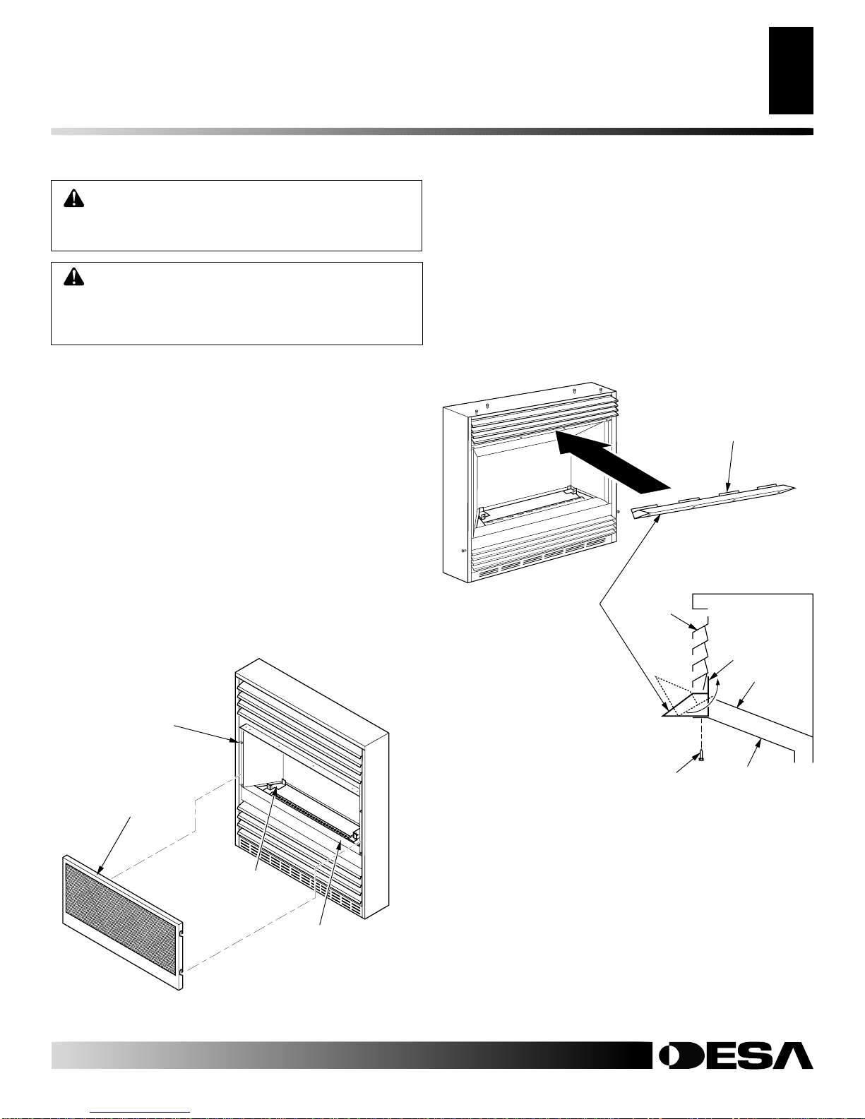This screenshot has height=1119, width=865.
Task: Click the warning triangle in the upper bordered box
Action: [73, 198]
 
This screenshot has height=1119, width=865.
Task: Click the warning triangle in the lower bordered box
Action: [73, 277]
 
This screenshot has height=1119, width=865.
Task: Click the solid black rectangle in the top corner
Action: [791, 71]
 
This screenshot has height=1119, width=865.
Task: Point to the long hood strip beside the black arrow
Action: [714, 501]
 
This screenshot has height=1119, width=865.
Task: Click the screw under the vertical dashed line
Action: [700, 755]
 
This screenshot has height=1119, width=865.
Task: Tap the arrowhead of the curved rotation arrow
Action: [720, 682]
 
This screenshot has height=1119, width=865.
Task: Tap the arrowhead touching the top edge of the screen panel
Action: [99, 870]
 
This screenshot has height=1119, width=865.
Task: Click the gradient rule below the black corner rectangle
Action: [432, 131]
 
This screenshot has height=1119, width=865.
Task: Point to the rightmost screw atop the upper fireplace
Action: [601, 390]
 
